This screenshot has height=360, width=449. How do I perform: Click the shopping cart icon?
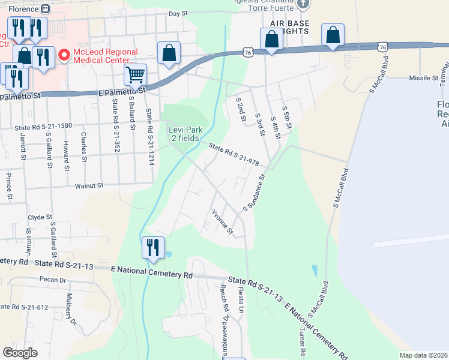136,75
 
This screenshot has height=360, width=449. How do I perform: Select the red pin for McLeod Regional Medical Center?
63,56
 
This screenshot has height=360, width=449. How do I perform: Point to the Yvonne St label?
221,221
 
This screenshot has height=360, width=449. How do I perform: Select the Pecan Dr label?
53,280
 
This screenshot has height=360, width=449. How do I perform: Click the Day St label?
178,13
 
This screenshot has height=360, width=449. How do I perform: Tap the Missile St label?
424,78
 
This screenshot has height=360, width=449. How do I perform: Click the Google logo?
20,353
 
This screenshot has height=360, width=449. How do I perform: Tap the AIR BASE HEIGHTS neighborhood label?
289,28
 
